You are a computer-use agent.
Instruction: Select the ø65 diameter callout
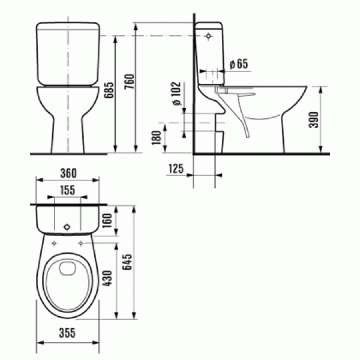tap(238, 63)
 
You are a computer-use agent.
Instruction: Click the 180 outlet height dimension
tap(157, 138)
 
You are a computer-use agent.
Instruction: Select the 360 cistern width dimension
tap(68, 173)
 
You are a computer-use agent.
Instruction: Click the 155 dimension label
tap(68, 190)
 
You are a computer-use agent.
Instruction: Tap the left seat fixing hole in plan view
tap(55, 243)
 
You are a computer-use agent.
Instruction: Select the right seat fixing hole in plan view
tap(81, 243)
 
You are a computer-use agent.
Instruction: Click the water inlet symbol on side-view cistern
tap(209, 36)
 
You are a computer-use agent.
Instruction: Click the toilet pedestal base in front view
tap(68, 135)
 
